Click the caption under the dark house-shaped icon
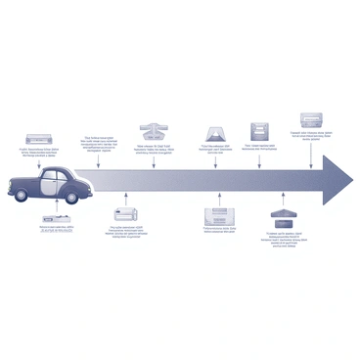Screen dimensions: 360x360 click(x=285, y=239)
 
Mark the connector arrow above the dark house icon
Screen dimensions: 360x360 click(x=285, y=202)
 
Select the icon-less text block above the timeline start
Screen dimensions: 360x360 click(x=100, y=144)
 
